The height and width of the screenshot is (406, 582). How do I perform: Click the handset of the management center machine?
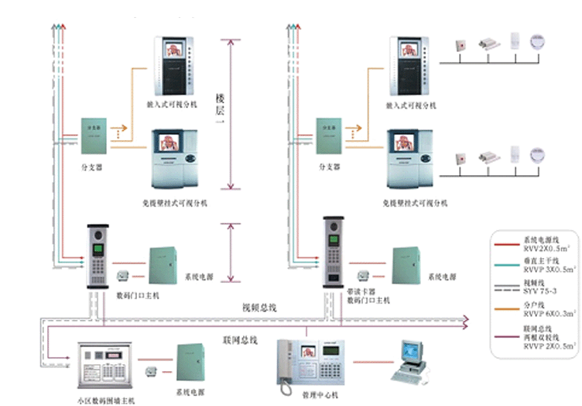click(285, 363)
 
